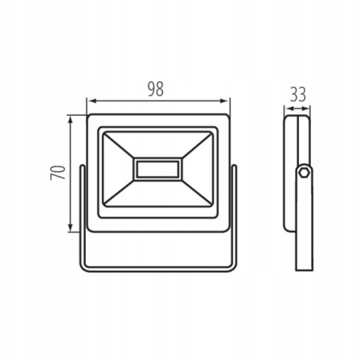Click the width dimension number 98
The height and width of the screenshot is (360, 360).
pyautogui.click(x=155, y=89)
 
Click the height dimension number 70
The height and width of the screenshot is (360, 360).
pyautogui.click(x=58, y=172)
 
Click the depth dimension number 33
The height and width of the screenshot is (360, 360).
pyautogui.click(x=298, y=94)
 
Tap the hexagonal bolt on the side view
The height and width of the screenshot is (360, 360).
pyautogui.click(x=304, y=173)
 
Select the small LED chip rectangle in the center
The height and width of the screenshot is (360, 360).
pyautogui.click(x=157, y=169)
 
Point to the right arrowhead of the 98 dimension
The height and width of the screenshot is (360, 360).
pyautogui.click(x=224, y=101)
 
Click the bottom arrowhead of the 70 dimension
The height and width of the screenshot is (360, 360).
pyautogui.click(x=70, y=228)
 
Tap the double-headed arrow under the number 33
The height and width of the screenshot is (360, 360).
pyautogui.click(x=297, y=108)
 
